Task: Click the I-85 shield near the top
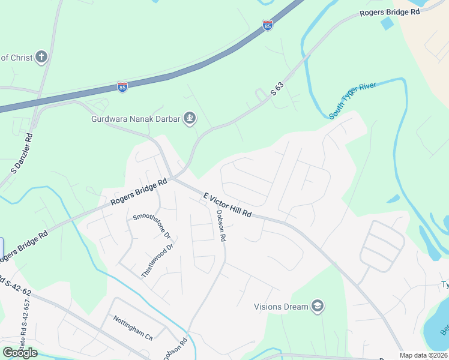pos(267,25)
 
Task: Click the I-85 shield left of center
pos(122,87)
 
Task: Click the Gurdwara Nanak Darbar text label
pos(136,119)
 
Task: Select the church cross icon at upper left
pos(41,58)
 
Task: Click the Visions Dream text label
pos(281,307)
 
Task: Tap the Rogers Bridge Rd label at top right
pos(389,12)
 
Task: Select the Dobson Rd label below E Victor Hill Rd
pos(220,226)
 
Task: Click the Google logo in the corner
pos(20,353)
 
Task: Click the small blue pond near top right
pos(387,25)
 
